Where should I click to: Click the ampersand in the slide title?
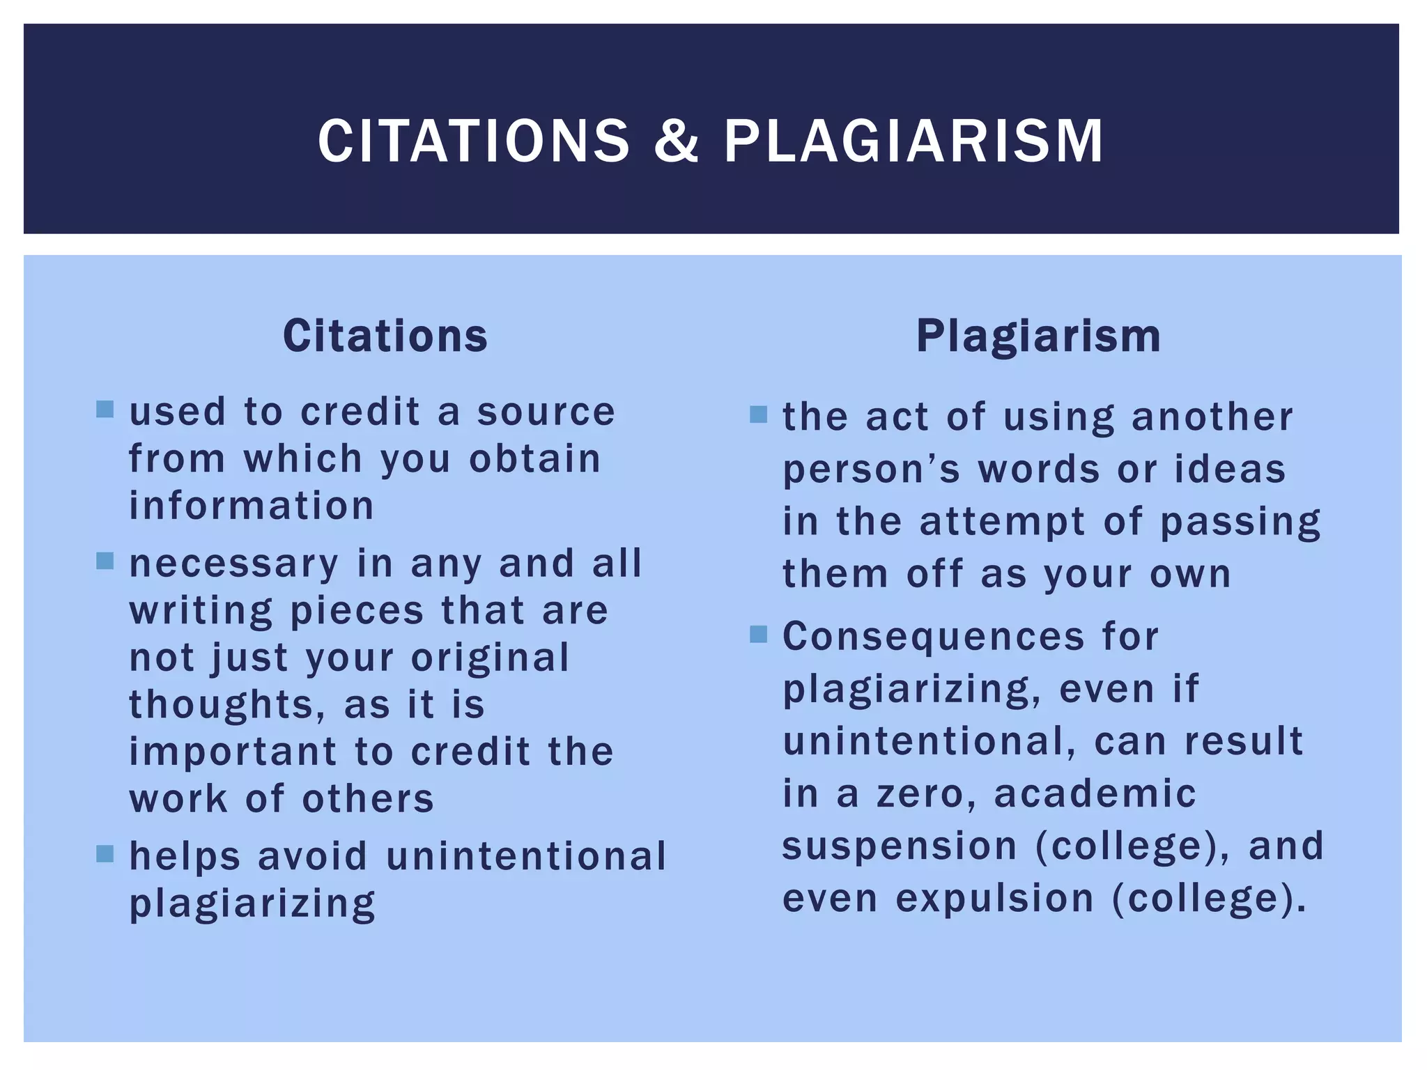pos(676,141)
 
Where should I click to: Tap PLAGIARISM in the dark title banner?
pos(913,141)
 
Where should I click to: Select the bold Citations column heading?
pos(385,336)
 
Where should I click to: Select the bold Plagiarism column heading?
pos(1038,336)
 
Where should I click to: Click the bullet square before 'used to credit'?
pos(105,409)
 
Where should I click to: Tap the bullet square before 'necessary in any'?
pos(105,561)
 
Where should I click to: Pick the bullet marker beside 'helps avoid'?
pos(105,853)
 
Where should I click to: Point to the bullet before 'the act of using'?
pos(758,414)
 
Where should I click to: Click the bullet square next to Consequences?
pos(758,634)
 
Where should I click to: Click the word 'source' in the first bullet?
pos(546,412)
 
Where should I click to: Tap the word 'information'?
pos(252,506)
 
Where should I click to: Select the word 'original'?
pos(491,658)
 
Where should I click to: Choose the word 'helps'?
pos(185,857)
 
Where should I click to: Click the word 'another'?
pos(1212,417)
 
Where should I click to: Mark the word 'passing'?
pos(1240,522)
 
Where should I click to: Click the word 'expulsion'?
pos(995,899)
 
